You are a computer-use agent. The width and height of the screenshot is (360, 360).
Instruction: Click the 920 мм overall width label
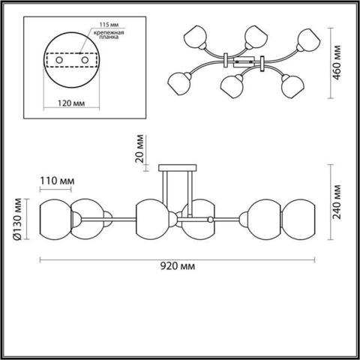point(178,266)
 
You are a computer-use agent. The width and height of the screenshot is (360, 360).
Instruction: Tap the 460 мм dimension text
point(337,62)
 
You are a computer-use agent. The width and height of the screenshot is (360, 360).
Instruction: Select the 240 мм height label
point(337,202)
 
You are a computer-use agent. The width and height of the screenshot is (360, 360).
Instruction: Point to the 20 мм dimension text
point(139,148)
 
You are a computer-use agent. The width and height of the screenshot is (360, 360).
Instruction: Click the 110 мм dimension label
point(57,181)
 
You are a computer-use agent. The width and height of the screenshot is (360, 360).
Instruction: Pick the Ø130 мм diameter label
point(18,219)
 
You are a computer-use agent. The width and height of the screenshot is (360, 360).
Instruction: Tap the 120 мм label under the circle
point(71,103)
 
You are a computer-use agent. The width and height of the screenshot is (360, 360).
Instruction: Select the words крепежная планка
point(109,34)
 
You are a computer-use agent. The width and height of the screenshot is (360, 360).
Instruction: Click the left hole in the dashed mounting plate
point(59,60)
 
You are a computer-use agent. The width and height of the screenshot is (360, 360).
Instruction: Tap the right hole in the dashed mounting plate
point(85,60)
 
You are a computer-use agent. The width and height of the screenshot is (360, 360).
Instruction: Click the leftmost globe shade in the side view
point(56,220)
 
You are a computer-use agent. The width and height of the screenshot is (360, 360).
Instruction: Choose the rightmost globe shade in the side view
point(298,220)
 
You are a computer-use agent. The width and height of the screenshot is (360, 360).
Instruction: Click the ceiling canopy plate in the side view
point(178,168)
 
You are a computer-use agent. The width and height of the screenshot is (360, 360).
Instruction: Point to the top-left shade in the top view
point(195,37)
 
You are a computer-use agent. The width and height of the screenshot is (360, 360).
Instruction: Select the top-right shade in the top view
point(308,40)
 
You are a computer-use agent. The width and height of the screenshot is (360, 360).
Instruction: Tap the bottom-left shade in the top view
point(179,84)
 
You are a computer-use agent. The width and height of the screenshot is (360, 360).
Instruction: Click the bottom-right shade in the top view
point(292,86)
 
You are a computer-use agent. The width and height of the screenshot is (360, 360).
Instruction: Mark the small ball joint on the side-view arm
point(211,220)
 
